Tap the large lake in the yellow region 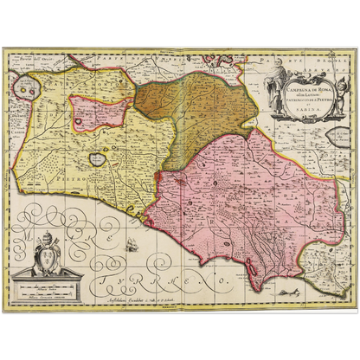pyautogui.click(x=94, y=161)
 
